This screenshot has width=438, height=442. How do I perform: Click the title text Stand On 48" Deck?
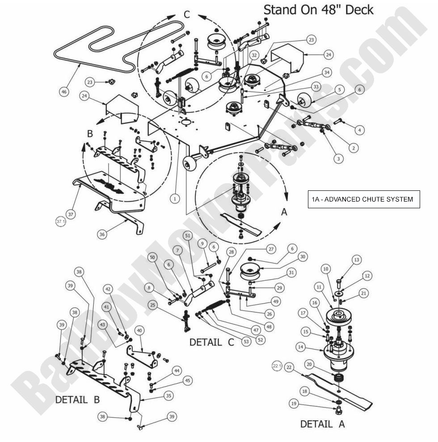click(318, 9)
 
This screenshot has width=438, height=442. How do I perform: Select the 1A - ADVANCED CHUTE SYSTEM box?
click(363, 199)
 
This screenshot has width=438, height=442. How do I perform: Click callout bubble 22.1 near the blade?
click(277, 366)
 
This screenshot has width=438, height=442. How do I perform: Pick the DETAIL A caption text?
click(322, 424)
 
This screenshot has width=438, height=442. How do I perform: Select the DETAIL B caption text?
click(77, 400)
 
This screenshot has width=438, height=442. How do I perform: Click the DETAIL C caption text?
click(212, 342)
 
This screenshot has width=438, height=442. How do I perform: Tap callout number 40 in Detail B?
click(140, 330)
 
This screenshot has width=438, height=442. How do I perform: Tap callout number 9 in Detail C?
click(202, 244)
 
